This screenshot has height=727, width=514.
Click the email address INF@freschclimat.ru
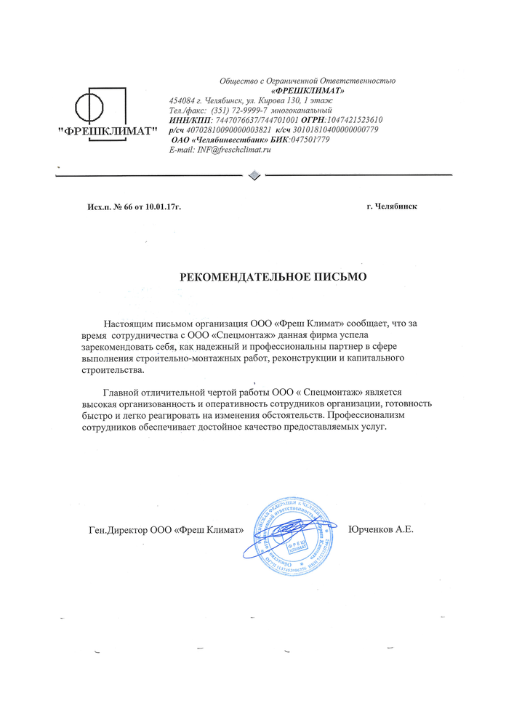pyautogui.click(x=230, y=149)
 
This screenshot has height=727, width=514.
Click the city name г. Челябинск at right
pyautogui.click(x=392, y=206)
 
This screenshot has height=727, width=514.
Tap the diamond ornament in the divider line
pyautogui.click(x=254, y=174)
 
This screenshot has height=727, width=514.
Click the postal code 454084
pyautogui.click(x=180, y=100)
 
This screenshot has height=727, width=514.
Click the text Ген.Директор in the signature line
pyautogui.click(x=116, y=530)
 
